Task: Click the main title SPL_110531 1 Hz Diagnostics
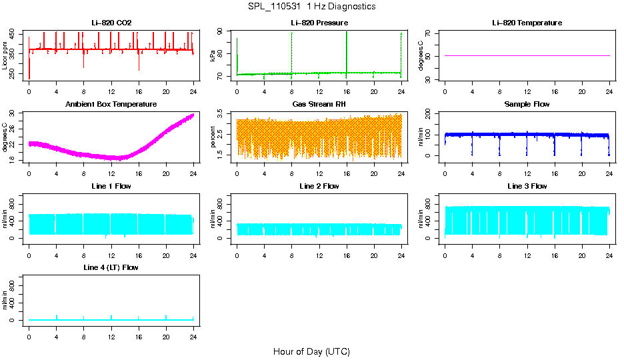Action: pos(311,7)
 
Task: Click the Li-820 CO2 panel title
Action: pos(111,23)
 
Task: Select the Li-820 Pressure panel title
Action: pos(319,23)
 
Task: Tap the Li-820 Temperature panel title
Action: pos(527,23)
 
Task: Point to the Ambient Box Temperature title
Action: pos(111,104)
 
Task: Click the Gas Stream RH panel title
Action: pos(319,104)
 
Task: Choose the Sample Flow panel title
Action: pos(527,104)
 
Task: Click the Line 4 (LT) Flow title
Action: pos(111,267)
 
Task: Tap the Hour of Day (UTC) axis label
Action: pos(311,351)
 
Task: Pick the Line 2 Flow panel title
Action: pos(319,186)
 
